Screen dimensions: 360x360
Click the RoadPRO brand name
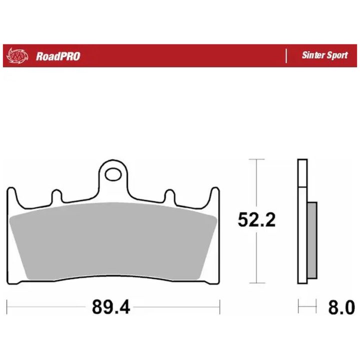point(58,56)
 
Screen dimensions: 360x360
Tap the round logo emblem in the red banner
point(17,55)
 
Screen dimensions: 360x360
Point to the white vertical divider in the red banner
point(286,56)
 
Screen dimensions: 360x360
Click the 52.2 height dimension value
point(256,220)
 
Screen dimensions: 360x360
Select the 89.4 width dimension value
point(111,307)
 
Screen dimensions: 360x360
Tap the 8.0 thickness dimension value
point(341,307)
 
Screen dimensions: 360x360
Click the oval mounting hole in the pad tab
point(113,174)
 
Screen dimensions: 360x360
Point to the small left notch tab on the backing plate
point(56,196)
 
